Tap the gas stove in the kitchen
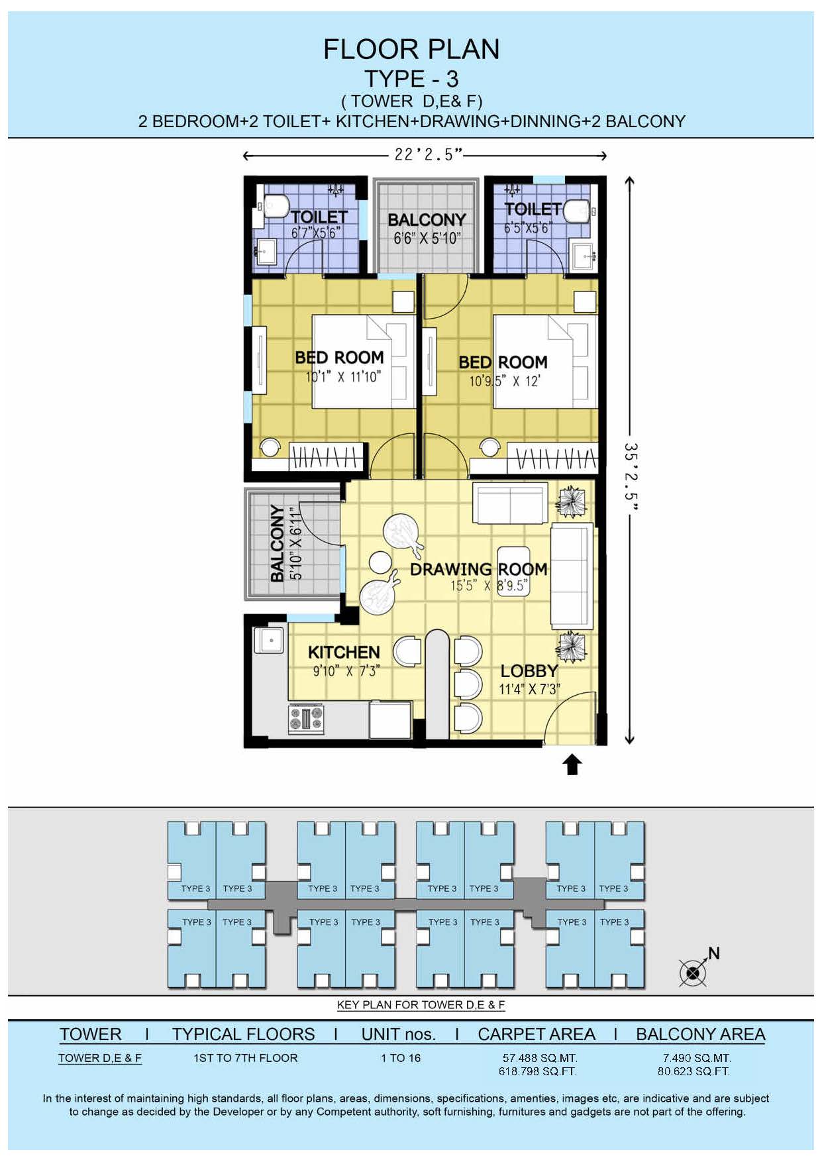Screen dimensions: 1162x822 coord(306,719)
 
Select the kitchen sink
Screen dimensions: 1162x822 coord(269,641)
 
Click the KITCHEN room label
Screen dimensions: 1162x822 coord(344,653)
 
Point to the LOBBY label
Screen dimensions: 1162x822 coord(529,671)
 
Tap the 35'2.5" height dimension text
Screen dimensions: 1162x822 coord(631,477)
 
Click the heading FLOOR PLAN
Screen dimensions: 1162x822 coord(411,50)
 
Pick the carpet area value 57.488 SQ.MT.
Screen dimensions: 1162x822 coord(540,1058)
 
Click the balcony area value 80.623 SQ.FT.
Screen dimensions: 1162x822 coord(694,1071)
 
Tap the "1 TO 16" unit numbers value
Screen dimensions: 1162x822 coord(401,1058)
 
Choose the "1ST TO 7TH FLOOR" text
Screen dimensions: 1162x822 coord(246,1058)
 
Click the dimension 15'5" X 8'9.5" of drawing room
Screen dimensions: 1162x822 coord(489,586)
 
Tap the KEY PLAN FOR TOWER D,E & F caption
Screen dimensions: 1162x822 coord(421,1005)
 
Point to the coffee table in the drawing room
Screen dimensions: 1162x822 coord(513,571)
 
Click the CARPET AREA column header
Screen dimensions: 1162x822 coord(537,1034)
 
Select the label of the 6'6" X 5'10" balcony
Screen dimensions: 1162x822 coord(427,219)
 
